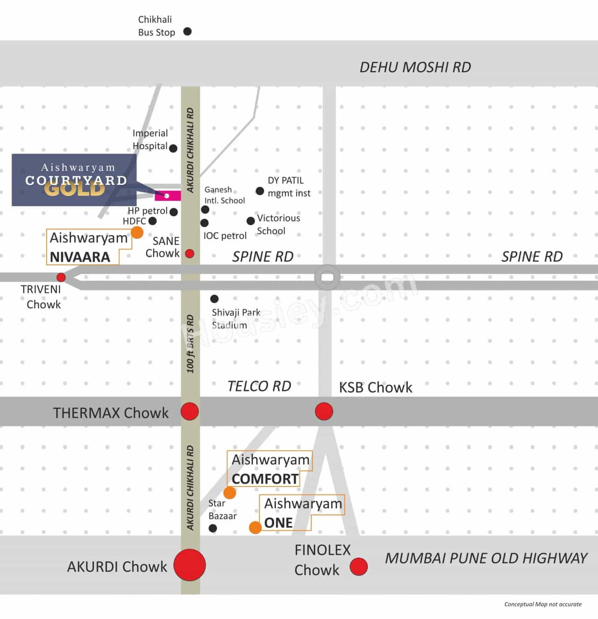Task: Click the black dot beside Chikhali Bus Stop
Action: [187, 32]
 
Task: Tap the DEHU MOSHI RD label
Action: [415, 67]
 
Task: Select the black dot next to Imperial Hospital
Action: [173, 148]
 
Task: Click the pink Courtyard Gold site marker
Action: [167, 195]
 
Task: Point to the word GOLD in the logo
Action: [75, 189]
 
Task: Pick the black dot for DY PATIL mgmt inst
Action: [260, 191]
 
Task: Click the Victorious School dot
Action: [250, 221]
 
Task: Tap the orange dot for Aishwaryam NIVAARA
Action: [137, 232]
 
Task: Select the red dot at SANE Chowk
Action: [190, 254]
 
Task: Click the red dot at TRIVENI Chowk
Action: [61, 278]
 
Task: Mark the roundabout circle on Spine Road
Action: [327, 278]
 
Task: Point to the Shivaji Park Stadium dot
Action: [214, 299]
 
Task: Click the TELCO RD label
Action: [259, 386]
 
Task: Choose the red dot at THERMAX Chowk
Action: [190, 411]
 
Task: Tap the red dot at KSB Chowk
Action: [324, 411]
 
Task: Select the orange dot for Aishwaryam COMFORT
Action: [229, 493]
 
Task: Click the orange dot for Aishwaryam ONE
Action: [255, 528]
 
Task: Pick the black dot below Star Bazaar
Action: [213, 529]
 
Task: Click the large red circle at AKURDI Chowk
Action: [190, 565]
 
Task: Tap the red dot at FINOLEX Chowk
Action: [358, 566]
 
